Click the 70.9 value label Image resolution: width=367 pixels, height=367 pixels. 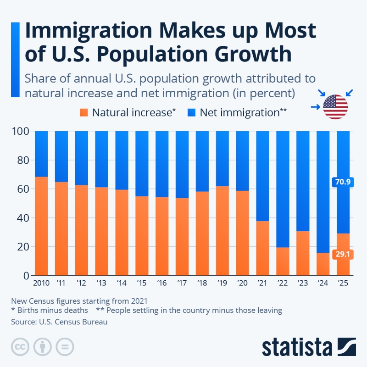tap(343, 182)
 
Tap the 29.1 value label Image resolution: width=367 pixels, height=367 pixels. tap(343, 254)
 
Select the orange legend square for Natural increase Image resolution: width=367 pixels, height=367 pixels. tap(84, 112)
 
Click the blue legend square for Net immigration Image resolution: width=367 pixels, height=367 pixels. tap(191, 112)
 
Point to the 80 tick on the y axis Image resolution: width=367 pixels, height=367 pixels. tap(23, 160)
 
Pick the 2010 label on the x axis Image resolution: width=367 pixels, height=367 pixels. tap(41, 283)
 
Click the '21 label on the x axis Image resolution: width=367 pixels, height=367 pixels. tap(262, 283)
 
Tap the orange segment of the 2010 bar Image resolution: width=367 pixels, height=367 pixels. tap(41, 226)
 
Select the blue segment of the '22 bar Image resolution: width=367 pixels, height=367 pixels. tap(283, 189)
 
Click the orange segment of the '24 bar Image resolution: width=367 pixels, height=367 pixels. tap(323, 264)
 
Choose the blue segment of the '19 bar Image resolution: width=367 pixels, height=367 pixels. tap(222, 159)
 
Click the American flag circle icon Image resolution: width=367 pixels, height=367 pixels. tap(335, 107)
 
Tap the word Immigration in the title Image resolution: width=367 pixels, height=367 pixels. tap(89, 31)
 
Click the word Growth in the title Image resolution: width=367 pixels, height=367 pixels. tap(253, 55)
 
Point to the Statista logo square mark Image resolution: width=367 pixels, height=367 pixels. tap(347, 347)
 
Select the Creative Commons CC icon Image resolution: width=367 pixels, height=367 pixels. tap(20, 347)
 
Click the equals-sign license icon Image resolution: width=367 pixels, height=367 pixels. tap(65, 347)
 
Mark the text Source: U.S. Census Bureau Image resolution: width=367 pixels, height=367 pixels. tap(59, 322)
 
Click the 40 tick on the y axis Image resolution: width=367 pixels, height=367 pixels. tap(23, 218)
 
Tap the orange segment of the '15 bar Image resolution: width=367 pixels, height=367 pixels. tap(142, 236)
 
